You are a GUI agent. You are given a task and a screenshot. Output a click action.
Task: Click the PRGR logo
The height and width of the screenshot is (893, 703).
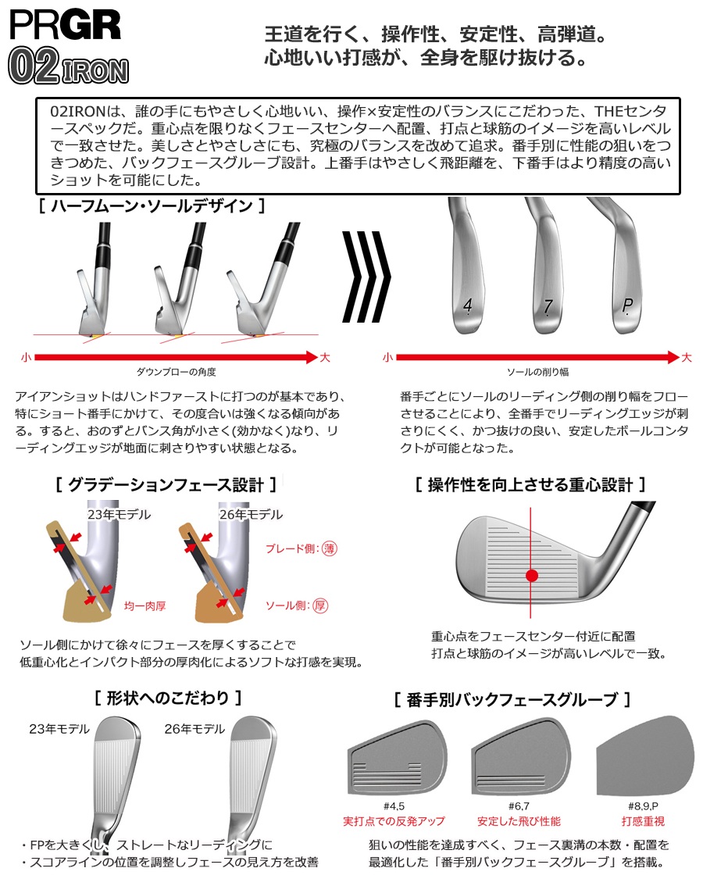[65, 25]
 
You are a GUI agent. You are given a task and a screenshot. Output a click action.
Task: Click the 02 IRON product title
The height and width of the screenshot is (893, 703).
[68, 66]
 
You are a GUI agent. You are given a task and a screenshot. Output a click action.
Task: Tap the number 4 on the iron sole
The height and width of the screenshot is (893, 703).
[467, 305]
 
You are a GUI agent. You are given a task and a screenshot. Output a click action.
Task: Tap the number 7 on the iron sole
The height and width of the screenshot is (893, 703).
[548, 307]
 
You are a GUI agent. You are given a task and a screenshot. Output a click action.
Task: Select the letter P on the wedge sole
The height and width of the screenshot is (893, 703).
[627, 305]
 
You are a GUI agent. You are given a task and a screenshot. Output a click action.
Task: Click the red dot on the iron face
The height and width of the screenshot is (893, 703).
[532, 575]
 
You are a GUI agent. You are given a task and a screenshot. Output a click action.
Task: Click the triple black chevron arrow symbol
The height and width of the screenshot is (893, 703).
[366, 277]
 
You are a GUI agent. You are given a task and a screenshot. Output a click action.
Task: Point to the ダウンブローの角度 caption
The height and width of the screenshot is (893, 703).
[176, 372]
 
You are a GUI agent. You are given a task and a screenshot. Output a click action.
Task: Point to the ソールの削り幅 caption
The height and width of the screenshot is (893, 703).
[538, 372]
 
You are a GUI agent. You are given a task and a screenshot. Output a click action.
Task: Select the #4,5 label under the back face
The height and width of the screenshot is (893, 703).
[394, 805]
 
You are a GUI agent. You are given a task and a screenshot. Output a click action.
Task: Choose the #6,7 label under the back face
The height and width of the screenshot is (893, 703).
[519, 805]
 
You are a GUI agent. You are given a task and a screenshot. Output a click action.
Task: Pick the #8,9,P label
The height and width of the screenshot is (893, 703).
[643, 805]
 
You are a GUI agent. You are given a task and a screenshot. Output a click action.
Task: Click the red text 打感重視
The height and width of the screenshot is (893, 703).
[643, 820]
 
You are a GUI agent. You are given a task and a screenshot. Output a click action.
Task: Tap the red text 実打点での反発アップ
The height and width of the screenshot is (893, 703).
[394, 820]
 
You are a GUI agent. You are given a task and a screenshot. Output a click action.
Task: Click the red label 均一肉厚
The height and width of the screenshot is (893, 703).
[145, 606]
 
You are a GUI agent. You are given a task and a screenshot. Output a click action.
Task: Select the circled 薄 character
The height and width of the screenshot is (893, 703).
[330, 548]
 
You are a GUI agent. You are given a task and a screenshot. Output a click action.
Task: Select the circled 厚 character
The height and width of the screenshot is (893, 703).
[320, 605]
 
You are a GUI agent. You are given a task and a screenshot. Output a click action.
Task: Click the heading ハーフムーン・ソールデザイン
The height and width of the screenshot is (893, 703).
[152, 205]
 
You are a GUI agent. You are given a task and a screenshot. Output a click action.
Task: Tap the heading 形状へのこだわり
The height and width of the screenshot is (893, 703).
[168, 698]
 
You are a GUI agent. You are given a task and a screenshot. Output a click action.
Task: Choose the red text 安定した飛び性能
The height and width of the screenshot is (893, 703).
[519, 820]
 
